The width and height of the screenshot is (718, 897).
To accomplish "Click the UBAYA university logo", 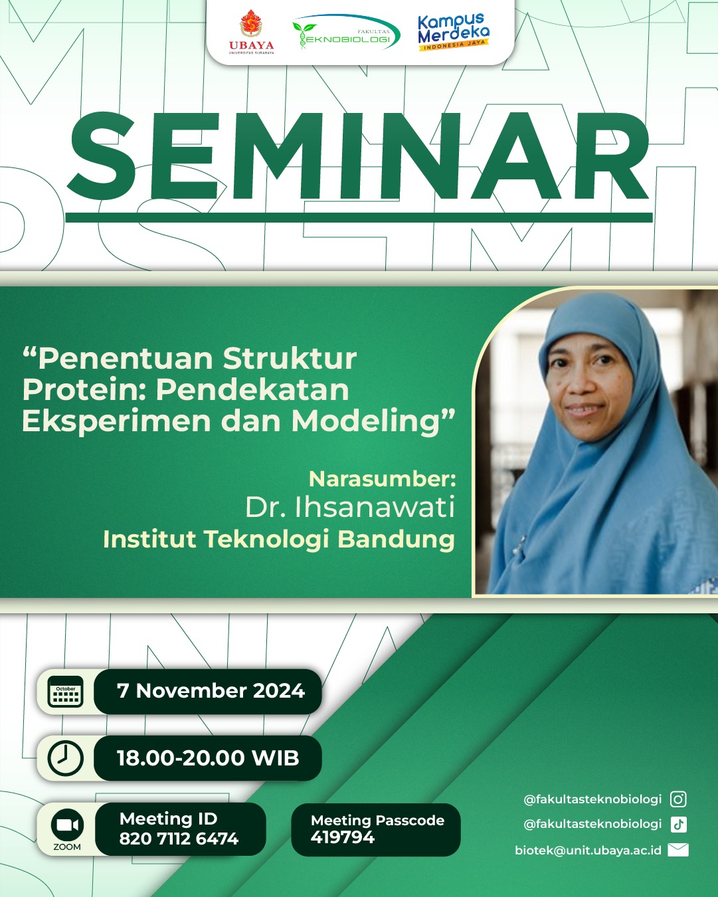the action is [x=251, y=32].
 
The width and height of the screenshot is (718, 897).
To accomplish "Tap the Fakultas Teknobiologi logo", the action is [x=346, y=33].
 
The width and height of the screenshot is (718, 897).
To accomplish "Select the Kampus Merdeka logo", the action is [x=454, y=32].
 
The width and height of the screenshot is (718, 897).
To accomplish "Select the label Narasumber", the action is [x=382, y=479].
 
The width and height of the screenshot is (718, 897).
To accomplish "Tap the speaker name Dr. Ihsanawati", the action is [x=349, y=507].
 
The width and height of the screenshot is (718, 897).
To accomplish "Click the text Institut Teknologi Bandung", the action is [x=279, y=540].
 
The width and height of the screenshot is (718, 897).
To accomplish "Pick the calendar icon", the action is [x=66, y=692].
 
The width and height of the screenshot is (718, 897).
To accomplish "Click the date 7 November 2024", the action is [x=211, y=690].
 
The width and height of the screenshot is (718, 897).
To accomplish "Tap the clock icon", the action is [x=66, y=757].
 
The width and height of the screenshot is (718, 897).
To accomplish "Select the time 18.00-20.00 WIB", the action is [x=208, y=757].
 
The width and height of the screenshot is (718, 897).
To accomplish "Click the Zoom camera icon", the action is [x=67, y=825].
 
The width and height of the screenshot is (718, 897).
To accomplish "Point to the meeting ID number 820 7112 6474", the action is [x=179, y=839].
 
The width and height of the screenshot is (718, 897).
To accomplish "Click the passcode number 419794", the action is [x=343, y=837].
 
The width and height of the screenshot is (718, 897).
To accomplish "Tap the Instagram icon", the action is [x=678, y=799].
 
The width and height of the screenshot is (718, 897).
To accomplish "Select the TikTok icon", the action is [x=678, y=824].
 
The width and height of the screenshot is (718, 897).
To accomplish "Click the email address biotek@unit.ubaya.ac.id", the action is [x=588, y=850].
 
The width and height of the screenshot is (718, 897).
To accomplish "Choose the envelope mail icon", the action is [x=678, y=849].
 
